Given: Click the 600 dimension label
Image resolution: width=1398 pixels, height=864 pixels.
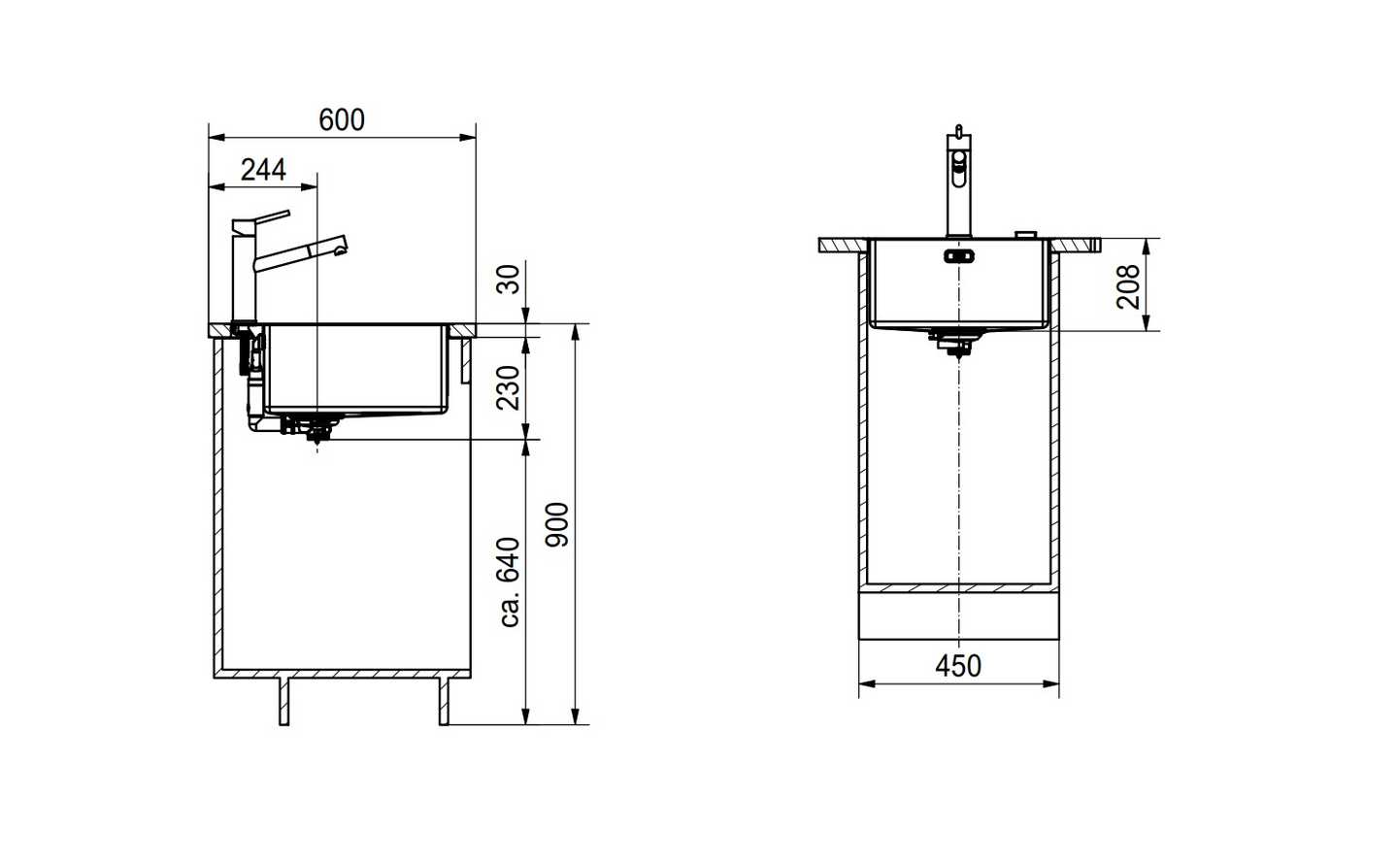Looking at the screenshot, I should point(342,119).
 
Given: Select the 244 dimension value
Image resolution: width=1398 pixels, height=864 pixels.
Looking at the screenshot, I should point(263,170).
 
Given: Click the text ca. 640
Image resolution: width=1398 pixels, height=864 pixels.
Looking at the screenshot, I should point(509,582).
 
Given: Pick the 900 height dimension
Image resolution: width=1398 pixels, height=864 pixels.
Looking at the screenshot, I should point(558,525).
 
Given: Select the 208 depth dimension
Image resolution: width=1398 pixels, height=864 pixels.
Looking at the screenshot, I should point(1128,286).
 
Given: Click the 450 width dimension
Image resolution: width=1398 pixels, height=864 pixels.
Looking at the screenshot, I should point(958,666).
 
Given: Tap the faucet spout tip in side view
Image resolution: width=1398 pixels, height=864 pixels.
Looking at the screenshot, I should point(340,251).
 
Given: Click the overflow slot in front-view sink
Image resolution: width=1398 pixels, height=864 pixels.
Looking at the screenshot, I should point(958,256).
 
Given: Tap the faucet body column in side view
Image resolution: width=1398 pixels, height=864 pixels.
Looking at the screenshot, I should point(242,277).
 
